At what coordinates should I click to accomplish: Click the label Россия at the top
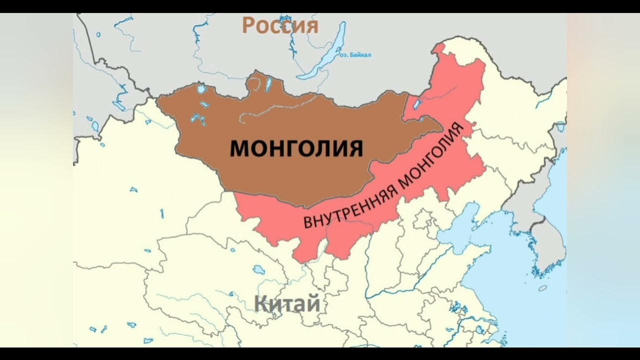(x=280, y=25)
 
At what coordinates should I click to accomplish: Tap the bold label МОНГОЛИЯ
(x=296, y=148)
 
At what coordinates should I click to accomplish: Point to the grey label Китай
(x=286, y=303)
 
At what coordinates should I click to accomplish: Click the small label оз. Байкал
(x=355, y=55)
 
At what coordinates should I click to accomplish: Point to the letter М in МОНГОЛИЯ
(x=238, y=148)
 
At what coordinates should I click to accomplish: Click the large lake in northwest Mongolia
(x=201, y=89)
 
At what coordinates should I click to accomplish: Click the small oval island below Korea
(x=542, y=288)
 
